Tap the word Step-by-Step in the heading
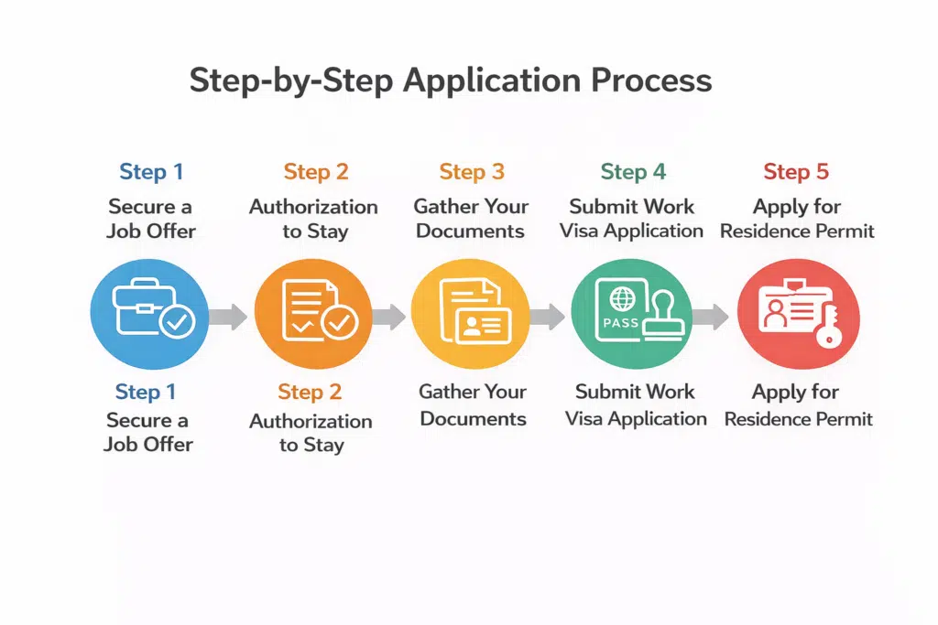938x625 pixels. pos(290,81)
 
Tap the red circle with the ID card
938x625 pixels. pos(798,313)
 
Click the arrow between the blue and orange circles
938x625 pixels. pos(228,318)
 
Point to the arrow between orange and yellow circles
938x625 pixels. pos(389,318)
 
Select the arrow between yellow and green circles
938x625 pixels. pos(548,318)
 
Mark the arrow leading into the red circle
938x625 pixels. pos(710,318)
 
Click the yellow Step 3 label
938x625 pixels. pos(471,172)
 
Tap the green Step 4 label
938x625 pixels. pos(632,172)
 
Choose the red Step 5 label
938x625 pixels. pos(795,172)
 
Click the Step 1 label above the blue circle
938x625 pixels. pos(151,172)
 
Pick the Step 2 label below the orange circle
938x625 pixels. pos(310,393)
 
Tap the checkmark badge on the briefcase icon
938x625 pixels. pos(176,323)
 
